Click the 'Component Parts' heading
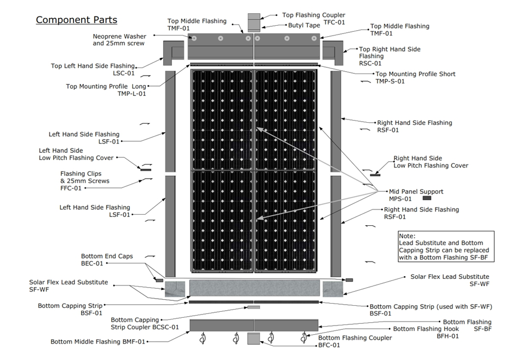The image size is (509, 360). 76,20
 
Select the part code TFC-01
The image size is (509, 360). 334,22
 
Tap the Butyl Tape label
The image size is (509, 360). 304,25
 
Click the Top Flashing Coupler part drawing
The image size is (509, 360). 254,22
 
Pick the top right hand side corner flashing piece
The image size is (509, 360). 333,53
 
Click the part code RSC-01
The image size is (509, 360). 370,64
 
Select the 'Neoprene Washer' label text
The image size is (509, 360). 119,36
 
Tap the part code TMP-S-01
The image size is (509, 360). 390,81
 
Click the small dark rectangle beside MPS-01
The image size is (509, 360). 427,198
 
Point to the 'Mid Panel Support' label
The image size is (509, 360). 416,192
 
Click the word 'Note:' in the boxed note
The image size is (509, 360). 407,236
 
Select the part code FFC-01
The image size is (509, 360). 71,188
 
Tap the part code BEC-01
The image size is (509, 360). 92,263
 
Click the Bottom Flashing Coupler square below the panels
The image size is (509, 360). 254,338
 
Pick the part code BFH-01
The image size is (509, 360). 448,336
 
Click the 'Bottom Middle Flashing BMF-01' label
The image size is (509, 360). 98,341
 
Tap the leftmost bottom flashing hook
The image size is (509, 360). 203,338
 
